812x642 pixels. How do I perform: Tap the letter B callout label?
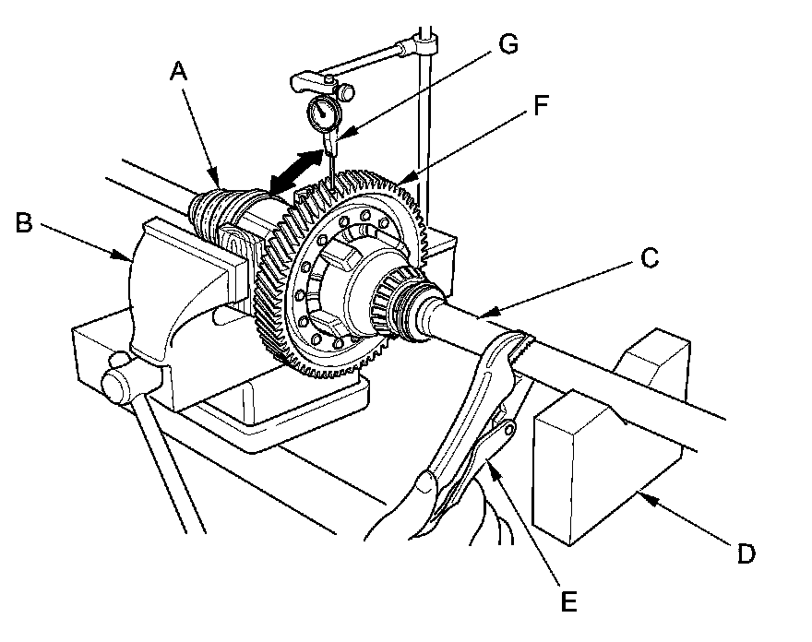(26, 222)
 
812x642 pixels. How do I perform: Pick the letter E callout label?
(568, 602)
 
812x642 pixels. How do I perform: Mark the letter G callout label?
(507, 44)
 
